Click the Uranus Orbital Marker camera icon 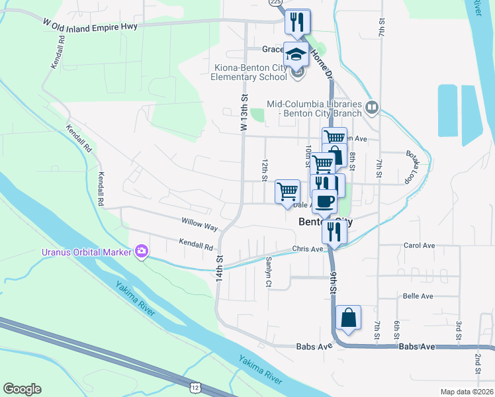click(x=141, y=251)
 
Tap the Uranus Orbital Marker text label click(x=87, y=251)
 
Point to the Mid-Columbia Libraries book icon click(x=372, y=106)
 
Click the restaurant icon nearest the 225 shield click(x=298, y=22)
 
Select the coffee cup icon click(x=324, y=201)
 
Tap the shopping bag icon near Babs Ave click(x=348, y=318)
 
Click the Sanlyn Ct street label click(x=269, y=272)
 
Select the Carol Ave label click(x=419, y=245)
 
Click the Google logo click(x=22, y=388)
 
